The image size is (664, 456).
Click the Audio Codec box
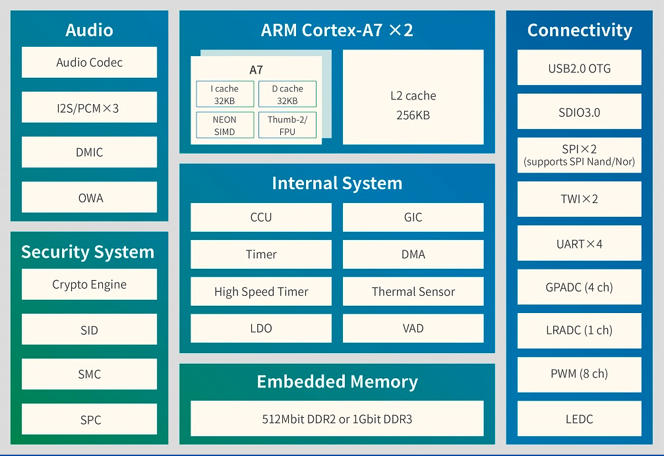pyautogui.click(x=89, y=63)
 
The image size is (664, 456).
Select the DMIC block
pyautogui.click(x=89, y=152)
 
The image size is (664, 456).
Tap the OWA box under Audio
pyautogui.click(x=89, y=198)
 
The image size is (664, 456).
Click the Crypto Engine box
pyautogui.click(x=89, y=285)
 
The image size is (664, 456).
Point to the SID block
pyautogui.click(x=89, y=329)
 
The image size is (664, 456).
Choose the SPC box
pyautogui.click(x=89, y=419)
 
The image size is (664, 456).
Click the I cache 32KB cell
pyautogui.click(x=225, y=95)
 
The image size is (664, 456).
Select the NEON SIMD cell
pyautogui.click(x=225, y=125)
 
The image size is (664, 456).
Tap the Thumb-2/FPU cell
pyautogui.click(x=287, y=125)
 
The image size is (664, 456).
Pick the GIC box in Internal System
pyautogui.click(x=413, y=217)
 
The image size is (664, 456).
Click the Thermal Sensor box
pyautogui.click(x=413, y=291)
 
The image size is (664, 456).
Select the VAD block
pyautogui.click(x=413, y=328)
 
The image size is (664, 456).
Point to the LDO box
pyautogui.click(x=261, y=328)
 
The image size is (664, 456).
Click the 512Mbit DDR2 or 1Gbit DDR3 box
pyautogui.click(x=337, y=418)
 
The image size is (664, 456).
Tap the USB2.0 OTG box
pyautogui.click(x=579, y=68)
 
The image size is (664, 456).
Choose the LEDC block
pyautogui.click(x=579, y=418)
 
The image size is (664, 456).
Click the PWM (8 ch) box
pyautogui.click(x=579, y=374)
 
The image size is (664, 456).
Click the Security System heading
pyautogui.click(x=88, y=252)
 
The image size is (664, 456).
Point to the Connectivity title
pyautogui.click(x=580, y=30)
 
